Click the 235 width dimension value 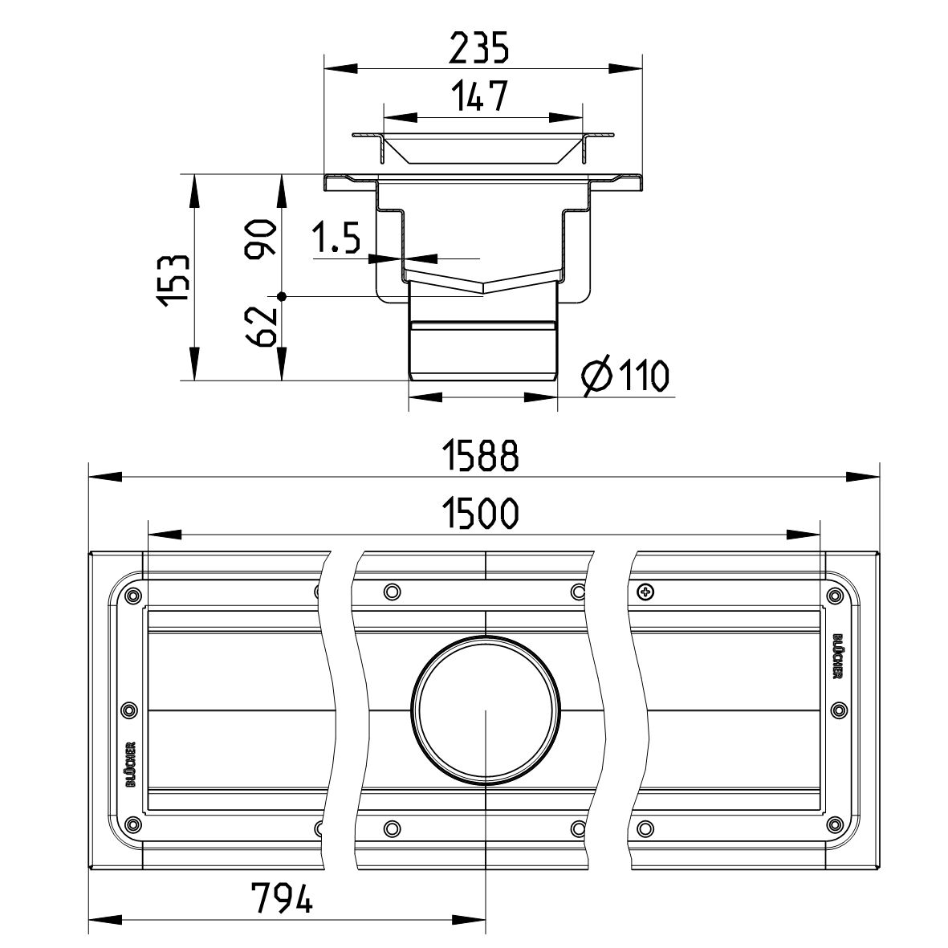tap(478, 48)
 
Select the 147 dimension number tap(480, 96)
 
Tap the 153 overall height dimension tap(175, 280)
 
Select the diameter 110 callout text tap(625, 376)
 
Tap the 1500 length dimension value tap(481, 513)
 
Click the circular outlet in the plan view tap(486, 710)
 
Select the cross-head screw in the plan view tap(645, 592)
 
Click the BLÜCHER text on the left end tap(131, 764)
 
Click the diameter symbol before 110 tap(596, 376)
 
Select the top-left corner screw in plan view tap(131, 596)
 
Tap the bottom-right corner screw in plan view tap(835, 824)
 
